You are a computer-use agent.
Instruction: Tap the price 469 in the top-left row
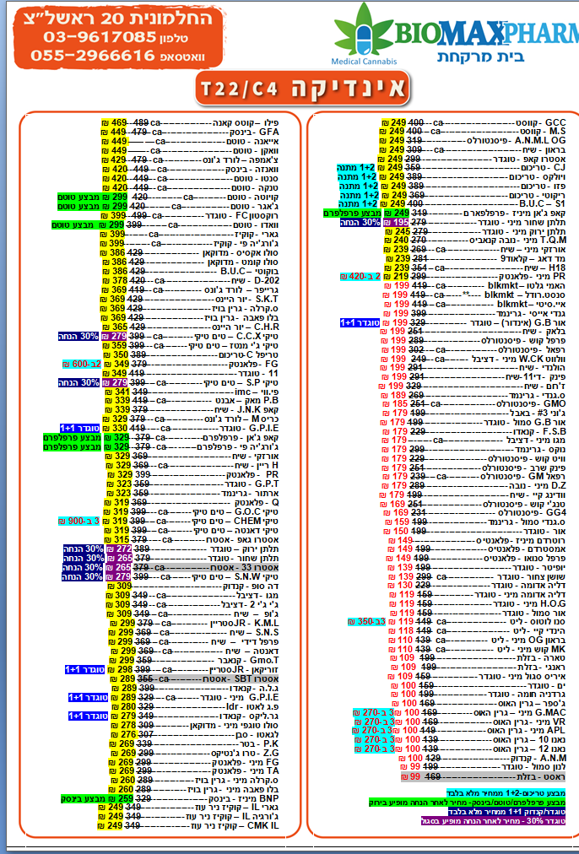click(118, 123)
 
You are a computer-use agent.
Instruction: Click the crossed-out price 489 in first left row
click(143, 123)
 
